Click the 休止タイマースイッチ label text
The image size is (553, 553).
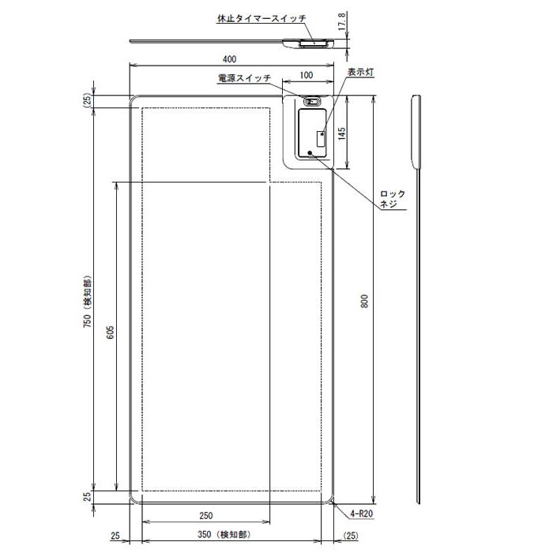click(261, 17)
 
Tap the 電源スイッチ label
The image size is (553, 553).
click(244, 78)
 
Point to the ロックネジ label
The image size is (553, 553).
click(392, 198)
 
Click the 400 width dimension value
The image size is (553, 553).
click(230, 59)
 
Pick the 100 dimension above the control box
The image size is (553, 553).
click(307, 75)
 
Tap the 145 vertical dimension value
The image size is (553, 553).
click(342, 133)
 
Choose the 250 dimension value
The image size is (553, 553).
click(205, 516)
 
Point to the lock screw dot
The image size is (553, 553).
click(310, 152)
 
